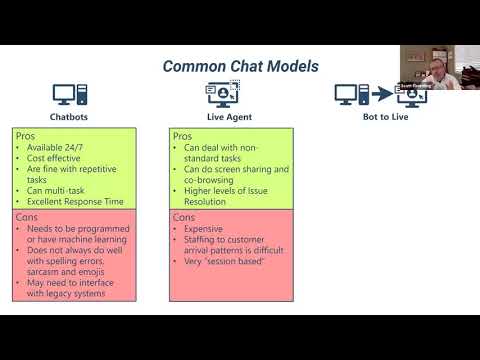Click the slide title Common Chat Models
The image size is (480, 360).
241,66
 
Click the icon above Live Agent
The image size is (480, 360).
223,94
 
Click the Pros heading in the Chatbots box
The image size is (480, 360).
25,134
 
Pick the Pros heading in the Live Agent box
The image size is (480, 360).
182,134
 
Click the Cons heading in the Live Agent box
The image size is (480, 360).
183,216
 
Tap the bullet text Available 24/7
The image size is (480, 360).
60,147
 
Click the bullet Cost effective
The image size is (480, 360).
56,159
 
